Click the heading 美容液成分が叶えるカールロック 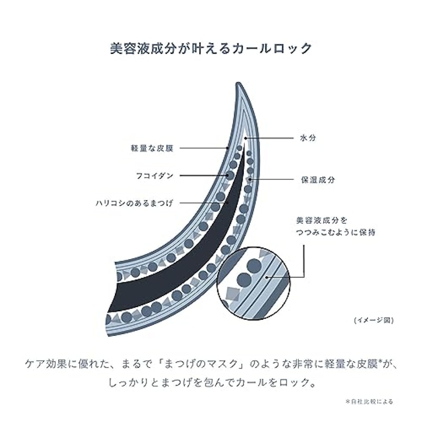[211, 49]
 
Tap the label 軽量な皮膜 [152, 148]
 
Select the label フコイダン [155, 176]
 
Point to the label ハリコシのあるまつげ [135, 203]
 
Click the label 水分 [308, 138]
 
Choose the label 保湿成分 [318, 180]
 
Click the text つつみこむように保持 [335, 232]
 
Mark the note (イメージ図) [374, 320]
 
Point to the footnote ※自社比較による [369, 401]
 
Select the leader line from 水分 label [269, 138]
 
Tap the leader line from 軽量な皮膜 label [204, 148]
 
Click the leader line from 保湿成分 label [272, 179]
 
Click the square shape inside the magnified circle [233, 294]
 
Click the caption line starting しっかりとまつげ [212, 382]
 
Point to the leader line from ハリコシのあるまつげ [204, 203]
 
